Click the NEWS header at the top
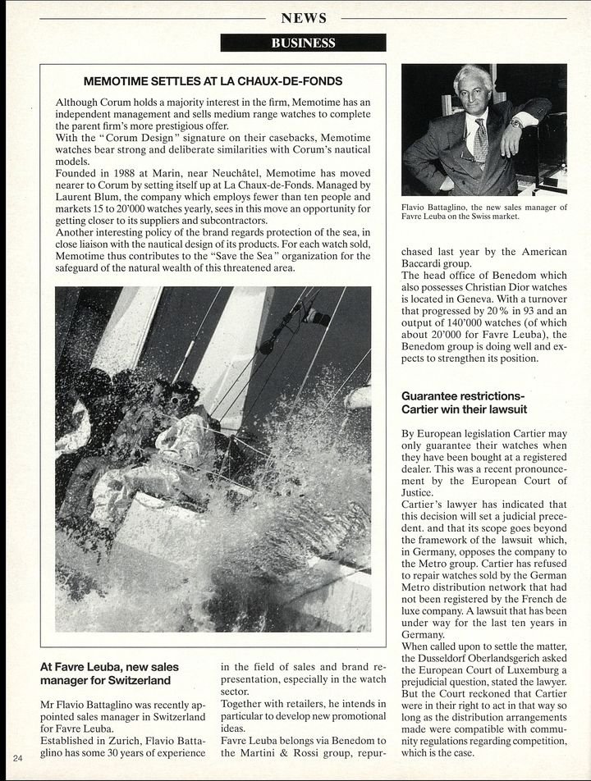coord(303,18)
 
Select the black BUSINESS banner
coord(303,43)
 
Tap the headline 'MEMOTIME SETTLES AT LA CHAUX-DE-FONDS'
coord(213,81)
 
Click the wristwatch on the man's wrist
coord(516,124)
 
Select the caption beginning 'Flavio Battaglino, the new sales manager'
coord(483,212)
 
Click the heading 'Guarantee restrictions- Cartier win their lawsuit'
coord(464,402)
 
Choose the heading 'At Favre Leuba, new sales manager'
coord(109,674)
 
